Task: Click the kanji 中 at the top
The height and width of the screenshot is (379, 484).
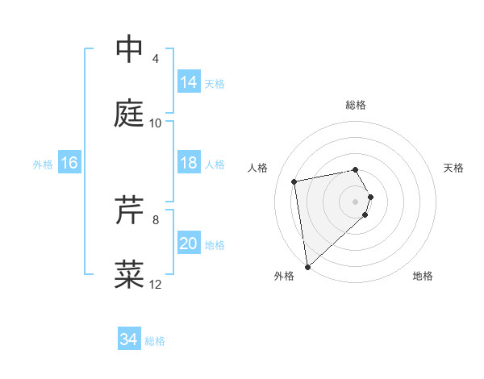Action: pyautogui.click(x=129, y=50)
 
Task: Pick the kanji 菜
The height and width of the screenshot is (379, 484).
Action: pyautogui.click(x=129, y=274)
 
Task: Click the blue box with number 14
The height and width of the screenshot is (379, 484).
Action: pyautogui.click(x=189, y=82)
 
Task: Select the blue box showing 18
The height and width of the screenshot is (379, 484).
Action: pyautogui.click(x=189, y=163)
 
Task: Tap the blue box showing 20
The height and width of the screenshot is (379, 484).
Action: pyautogui.click(x=189, y=244)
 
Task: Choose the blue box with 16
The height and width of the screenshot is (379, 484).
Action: pyautogui.click(x=69, y=163)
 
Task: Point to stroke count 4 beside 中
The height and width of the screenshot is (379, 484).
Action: pyautogui.click(x=155, y=59)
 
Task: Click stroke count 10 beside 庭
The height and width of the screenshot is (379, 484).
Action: pyautogui.click(x=156, y=123)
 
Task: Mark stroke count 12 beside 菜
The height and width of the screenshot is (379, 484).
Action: pyautogui.click(x=156, y=284)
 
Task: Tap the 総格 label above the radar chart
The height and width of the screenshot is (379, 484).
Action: pyautogui.click(x=356, y=105)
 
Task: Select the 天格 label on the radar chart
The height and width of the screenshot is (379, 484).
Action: pyautogui.click(x=454, y=168)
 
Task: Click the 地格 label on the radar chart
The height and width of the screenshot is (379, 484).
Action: pyautogui.click(x=423, y=276)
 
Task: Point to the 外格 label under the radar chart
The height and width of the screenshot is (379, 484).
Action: pyautogui.click(x=283, y=276)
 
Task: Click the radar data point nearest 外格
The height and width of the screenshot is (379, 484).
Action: pyautogui.click(x=307, y=266)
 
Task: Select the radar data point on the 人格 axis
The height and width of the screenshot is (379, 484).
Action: pyautogui.click(x=294, y=181)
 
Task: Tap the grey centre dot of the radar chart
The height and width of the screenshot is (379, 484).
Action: pyautogui.click(x=356, y=201)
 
